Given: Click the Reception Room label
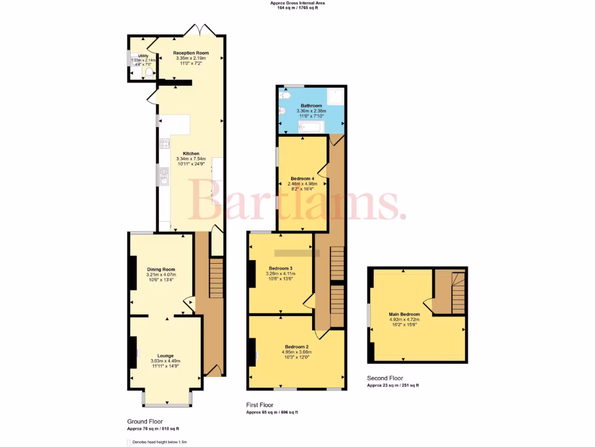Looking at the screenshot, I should tap(191, 53).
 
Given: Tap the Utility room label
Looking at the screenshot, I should tap(142, 56).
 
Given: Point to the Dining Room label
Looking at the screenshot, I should tap(161, 269).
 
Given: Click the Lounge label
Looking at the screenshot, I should tap(165, 356).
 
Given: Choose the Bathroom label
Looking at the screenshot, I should tap(311, 106).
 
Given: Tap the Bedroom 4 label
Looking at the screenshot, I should tap(303, 179).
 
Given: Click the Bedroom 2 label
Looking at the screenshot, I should tap(295, 347).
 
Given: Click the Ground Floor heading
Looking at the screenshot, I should tap(145, 421).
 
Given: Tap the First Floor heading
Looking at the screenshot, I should tap(260, 405).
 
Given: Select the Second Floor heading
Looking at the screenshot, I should tap(385, 378).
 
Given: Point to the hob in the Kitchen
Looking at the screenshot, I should tap(164, 143).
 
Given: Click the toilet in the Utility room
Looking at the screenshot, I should tap(149, 73).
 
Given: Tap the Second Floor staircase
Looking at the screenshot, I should tap(450, 293).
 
